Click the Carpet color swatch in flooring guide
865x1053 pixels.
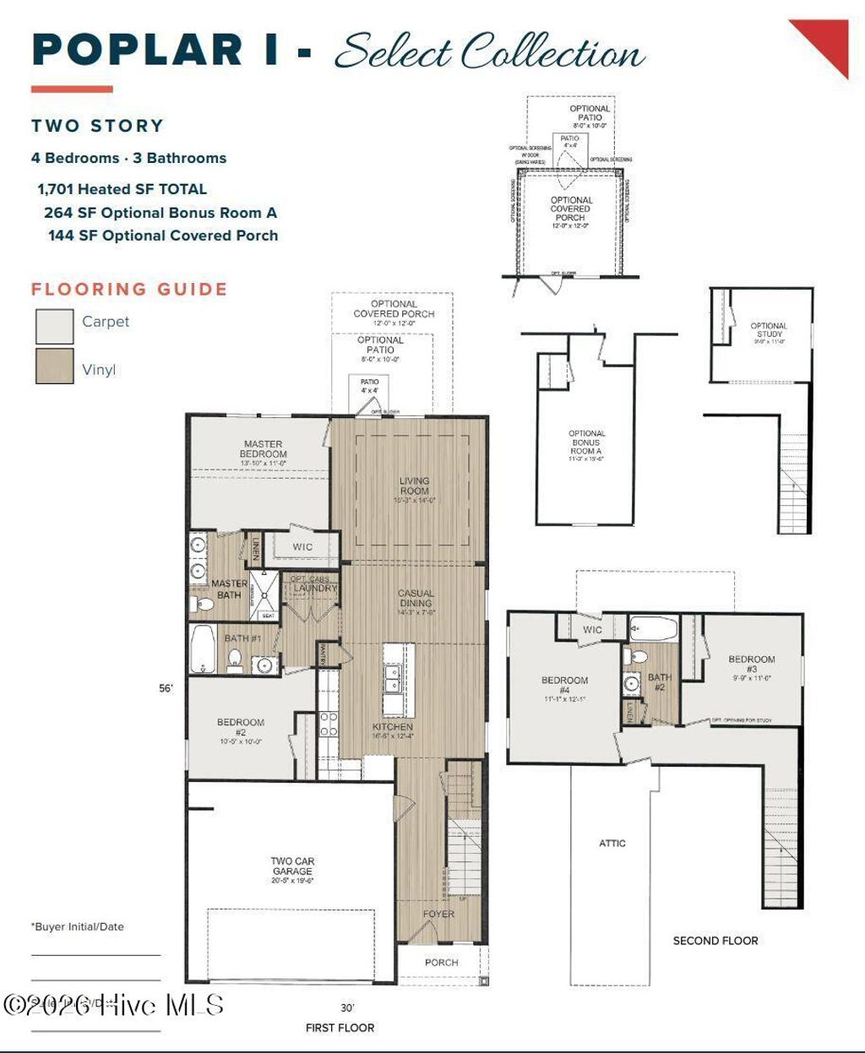click(x=54, y=326)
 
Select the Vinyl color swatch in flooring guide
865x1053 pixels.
click(x=54, y=366)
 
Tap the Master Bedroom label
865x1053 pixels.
click(x=263, y=449)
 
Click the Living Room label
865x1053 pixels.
click(x=414, y=486)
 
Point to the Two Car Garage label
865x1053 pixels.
click(x=292, y=866)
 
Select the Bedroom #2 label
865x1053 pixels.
click(x=241, y=727)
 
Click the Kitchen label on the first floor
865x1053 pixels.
click(x=393, y=727)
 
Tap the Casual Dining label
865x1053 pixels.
click(x=416, y=599)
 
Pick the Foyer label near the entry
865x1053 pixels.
click(x=438, y=914)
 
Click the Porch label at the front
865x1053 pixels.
click(x=441, y=963)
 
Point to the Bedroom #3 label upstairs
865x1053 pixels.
click(x=751, y=665)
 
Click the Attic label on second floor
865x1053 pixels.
click(x=612, y=843)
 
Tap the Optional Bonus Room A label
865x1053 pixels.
click(x=586, y=442)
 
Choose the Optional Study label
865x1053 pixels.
click(x=768, y=330)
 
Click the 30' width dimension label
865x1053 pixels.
click(x=347, y=1007)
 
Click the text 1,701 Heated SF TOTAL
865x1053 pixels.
click(x=122, y=189)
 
